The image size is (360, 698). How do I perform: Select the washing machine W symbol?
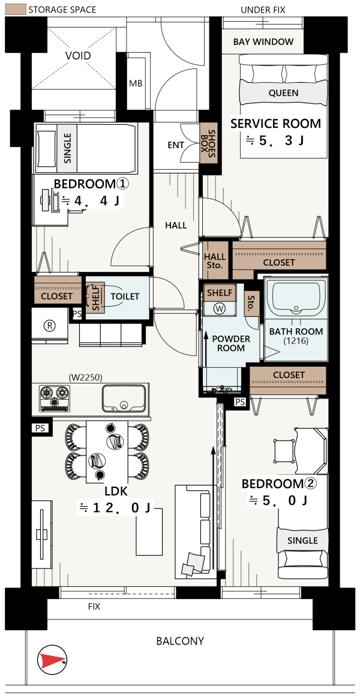219,308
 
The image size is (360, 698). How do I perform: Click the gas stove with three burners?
55,397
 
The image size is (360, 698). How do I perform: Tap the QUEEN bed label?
283,93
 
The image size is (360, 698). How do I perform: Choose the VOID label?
78,56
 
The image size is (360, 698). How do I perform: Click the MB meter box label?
135,83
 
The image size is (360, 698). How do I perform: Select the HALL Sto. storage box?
215,261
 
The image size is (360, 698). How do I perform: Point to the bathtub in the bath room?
295,295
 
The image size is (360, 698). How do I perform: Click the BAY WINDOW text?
263,42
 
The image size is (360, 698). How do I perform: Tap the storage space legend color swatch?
14,9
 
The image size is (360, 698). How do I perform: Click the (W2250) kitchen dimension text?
85,378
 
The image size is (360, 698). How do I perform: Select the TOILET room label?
125,296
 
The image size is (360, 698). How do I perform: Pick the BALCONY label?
180,641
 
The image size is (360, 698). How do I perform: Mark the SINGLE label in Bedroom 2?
302,540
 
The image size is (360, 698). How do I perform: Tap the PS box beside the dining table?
39,427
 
